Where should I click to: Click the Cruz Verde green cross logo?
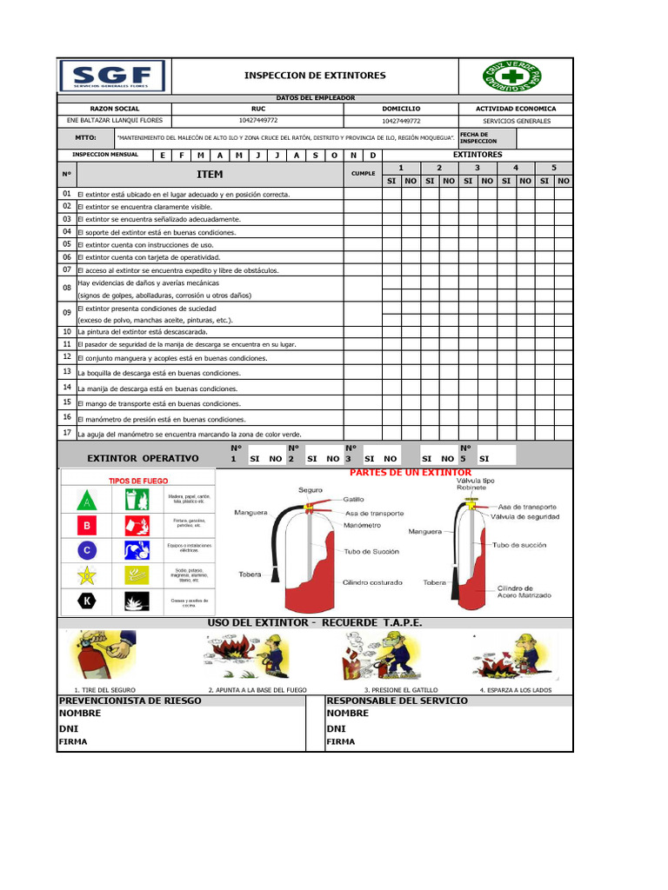pyautogui.click(x=513, y=76)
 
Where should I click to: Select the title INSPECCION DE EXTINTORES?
pyautogui.click(x=314, y=76)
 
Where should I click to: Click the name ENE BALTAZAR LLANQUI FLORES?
pyautogui.click(x=114, y=121)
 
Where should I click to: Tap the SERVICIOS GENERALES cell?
pyautogui.click(x=516, y=122)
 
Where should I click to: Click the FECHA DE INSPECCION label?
pyautogui.click(x=478, y=138)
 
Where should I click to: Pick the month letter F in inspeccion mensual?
pyautogui.click(x=181, y=155)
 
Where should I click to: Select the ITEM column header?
pyautogui.click(x=210, y=174)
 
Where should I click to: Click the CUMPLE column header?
pyautogui.click(x=363, y=174)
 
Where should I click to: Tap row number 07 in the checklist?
pyautogui.click(x=67, y=270)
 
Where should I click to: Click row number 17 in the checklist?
pyautogui.click(x=67, y=433)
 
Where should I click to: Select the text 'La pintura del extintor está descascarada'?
pyautogui.click(x=143, y=332)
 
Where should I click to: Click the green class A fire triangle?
pyautogui.click(x=86, y=501)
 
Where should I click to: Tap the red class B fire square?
pyautogui.click(x=86, y=526)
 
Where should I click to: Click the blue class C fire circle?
pyautogui.click(x=86, y=550)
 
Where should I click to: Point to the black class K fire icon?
pyautogui.click(x=86, y=601)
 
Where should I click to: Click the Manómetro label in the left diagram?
pyautogui.click(x=362, y=526)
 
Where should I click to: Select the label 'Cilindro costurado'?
pyautogui.click(x=373, y=582)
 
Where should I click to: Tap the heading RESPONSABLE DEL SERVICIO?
pyautogui.click(x=397, y=701)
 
